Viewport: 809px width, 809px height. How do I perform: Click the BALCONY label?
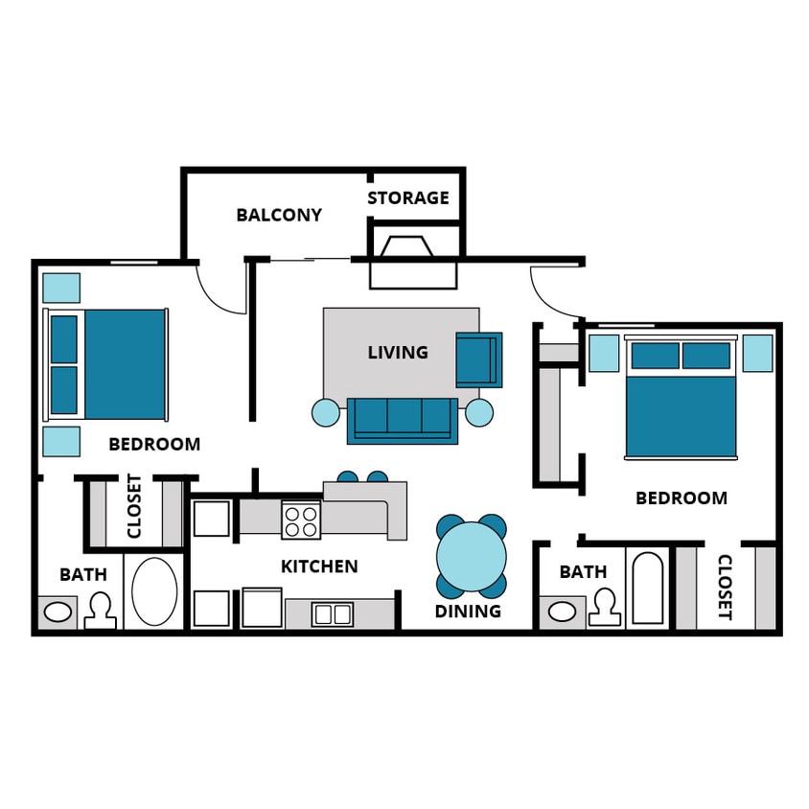click(x=279, y=215)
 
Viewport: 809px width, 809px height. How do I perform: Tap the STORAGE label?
click(x=408, y=198)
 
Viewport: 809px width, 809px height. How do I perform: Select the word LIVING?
click(x=398, y=353)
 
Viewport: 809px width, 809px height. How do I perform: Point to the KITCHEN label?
click(x=319, y=566)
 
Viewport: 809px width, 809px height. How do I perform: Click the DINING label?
click(x=468, y=612)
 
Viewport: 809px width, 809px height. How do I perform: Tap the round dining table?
click(x=472, y=556)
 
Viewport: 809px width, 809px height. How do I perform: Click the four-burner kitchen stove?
click(x=301, y=520)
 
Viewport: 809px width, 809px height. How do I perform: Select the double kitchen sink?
click(x=333, y=613)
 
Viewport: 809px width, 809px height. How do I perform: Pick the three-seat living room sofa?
click(x=402, y=420)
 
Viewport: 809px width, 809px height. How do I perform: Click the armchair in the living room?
click(x=478, y=358)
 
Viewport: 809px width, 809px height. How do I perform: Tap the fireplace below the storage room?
click(x=414, y=261)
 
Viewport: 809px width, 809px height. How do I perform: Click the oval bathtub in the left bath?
click(x=154, y=591)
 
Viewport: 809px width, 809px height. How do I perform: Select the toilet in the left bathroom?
click(x=100, y=611)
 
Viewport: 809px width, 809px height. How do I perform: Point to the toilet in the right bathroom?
click(x=604, y=607)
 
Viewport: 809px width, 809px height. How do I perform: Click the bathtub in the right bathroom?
click(x=648, y=588)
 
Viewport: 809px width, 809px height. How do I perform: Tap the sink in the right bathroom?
click(x=562, y=611)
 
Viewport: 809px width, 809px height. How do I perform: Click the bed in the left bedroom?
click(x=107, y=363)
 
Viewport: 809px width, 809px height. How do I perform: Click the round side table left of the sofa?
click(x=326, y=413)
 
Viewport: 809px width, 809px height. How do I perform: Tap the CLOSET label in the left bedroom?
click(x=134, y=506)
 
